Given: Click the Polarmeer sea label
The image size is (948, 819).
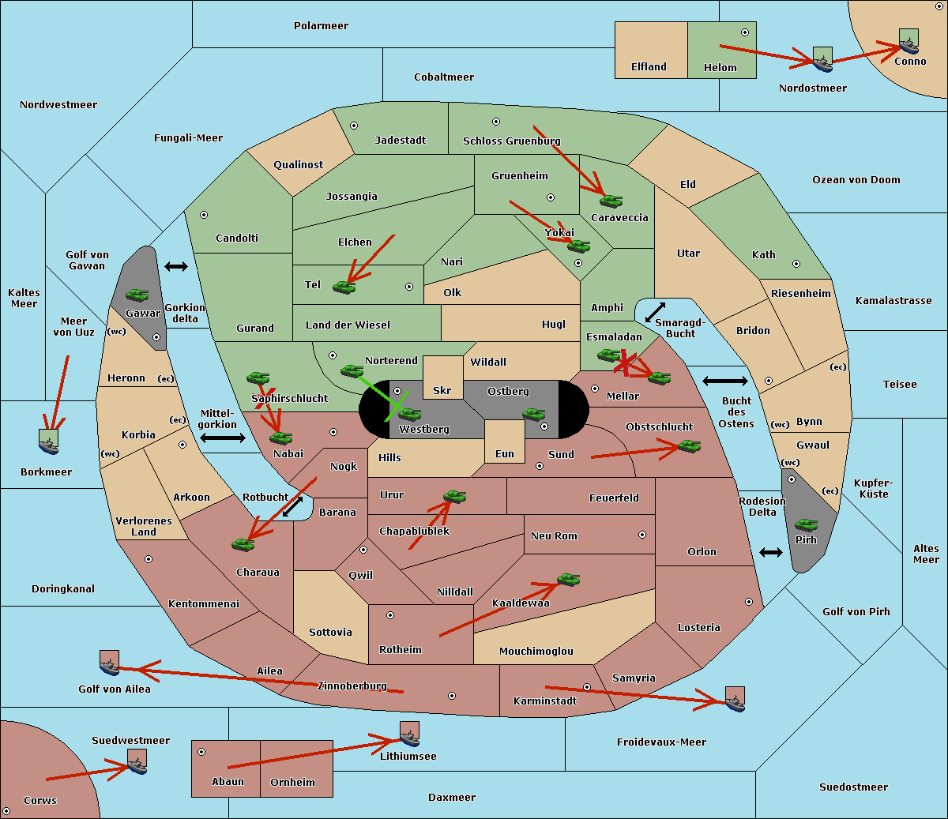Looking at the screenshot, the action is (x=321, y=26).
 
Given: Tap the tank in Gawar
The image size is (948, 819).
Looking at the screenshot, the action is (x=137, y=295).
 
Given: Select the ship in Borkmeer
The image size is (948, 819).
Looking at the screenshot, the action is (x=48, y=441).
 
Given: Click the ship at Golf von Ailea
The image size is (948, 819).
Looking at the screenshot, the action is (x=110, y=663).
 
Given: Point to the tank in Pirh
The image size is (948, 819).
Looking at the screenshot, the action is (x=806, y=524).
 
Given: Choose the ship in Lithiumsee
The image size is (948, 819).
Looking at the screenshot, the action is (x=409, y=734).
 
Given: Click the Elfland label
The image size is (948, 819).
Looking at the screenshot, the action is (x=649, y=67).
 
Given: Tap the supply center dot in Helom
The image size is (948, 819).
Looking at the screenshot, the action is (x=745, y=32).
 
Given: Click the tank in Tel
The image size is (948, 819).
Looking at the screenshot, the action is (x=344, y=287).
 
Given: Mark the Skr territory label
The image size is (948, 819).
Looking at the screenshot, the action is (x=442, y=390).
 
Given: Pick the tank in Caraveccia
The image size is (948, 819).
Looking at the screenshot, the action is (x=611, y=201).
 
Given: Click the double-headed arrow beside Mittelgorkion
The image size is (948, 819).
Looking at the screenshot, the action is (x=223, y=438).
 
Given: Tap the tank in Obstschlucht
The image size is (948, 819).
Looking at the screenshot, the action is (x=689, y=445).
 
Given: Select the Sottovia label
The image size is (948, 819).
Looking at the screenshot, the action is (x=330, y=633).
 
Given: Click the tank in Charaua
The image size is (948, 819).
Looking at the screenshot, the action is (x=243, y=544).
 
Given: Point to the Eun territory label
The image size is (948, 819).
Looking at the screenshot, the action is (x=505, y=454).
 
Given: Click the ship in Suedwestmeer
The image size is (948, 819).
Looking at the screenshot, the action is (x=137, y=761).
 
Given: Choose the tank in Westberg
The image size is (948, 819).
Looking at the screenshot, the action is (x=409, y=414).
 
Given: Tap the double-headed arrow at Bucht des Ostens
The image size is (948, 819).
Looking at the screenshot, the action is (x=725, y=381).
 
